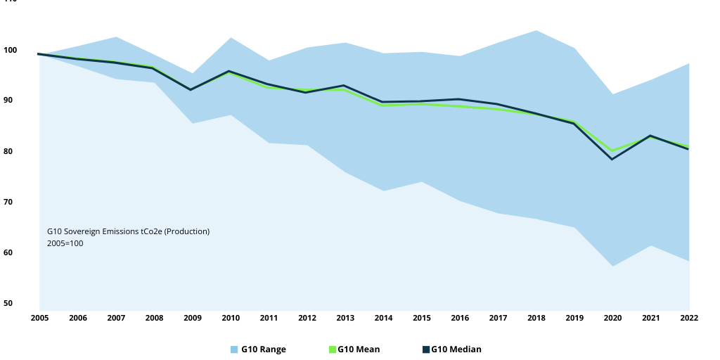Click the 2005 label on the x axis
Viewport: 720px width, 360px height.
click(39, 319)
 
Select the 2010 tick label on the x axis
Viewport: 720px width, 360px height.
click(231, 319)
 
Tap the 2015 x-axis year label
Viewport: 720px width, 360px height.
click(423, 319)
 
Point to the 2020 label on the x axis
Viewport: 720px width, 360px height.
click(613, 319)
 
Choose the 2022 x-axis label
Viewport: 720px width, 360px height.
click(689, 319)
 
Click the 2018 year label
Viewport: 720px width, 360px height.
click(537, 319)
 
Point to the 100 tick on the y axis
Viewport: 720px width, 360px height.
click(10, 50)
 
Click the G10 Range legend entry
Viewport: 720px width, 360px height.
click(263, 349)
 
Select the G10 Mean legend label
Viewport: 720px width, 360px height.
click(359, 349)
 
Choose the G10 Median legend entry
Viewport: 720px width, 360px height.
click(456, 349)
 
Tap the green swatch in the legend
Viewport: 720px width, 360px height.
click(333, 349)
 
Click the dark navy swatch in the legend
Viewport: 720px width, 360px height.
click(425, 349)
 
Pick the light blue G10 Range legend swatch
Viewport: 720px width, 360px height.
click(235, 349)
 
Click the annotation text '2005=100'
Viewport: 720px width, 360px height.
click(65, 243)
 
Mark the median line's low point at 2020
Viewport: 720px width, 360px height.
click(612, 159)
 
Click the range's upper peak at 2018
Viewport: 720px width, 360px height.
click(537, 30)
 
